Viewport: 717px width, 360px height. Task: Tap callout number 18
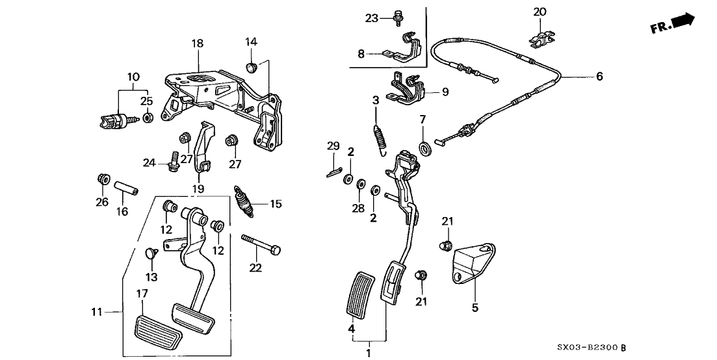click(197, 44)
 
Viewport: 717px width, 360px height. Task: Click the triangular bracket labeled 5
click(472, 262)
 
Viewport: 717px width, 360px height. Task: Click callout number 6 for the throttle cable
click(599, 77)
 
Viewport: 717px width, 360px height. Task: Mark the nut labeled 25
click(148, 118)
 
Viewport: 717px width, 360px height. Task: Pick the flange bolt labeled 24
click(174, 161)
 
